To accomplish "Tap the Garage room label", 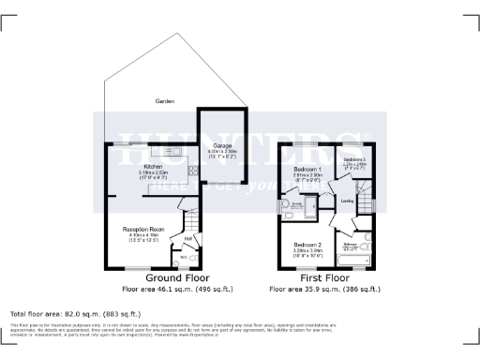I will click(221, 147).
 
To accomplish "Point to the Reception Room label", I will click(143, 228).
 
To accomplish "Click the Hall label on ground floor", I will click(187, 238).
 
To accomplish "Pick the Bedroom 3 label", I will click(352, 160).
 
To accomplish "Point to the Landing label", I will click(346, 200).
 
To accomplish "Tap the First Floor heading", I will click(322, 279).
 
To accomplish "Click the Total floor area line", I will click(74, 313).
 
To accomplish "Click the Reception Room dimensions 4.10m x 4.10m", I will click(143, 236).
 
